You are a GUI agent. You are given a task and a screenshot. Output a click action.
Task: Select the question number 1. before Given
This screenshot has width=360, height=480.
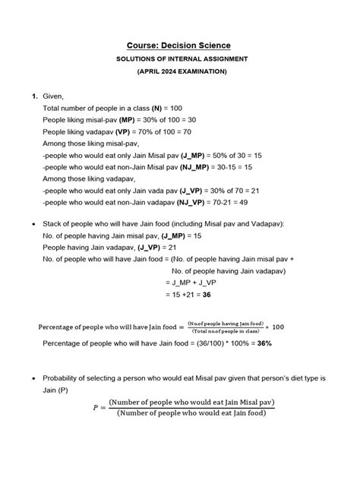click(35, 97)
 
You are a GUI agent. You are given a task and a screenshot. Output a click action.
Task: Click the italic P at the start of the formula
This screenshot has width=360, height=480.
click(96, 408)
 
